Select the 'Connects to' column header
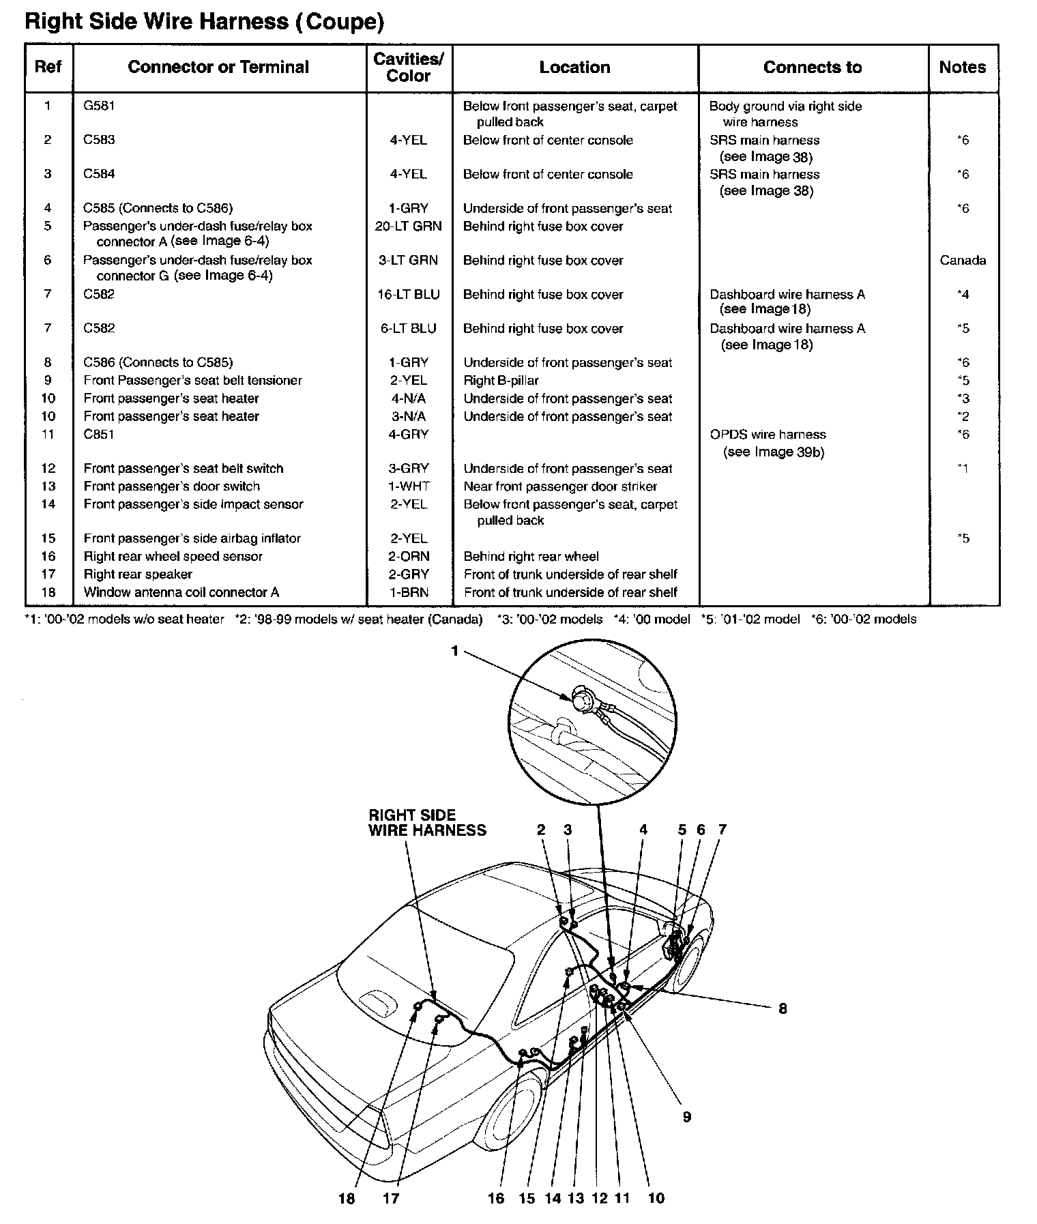(812, 68)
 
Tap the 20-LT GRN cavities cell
(408, 226)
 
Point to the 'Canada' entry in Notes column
(962, 260)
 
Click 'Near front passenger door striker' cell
(560, 486)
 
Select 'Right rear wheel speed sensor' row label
(173, 556)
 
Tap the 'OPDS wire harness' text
(768, 435)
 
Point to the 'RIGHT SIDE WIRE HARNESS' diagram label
(427, 822)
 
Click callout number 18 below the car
(347, 1198)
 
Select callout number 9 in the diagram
(687, 1116)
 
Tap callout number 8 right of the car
(783, 1008)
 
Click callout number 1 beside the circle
(455, 652)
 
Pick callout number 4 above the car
(643, 830)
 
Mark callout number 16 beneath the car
(496, 1198)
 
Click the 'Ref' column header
(48, 68)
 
